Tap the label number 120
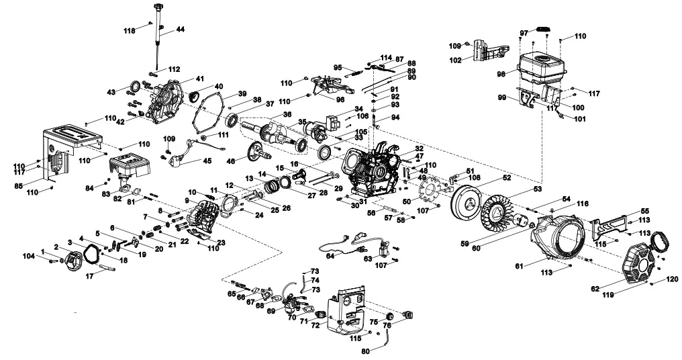672,279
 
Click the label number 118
129,30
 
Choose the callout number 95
338,67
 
